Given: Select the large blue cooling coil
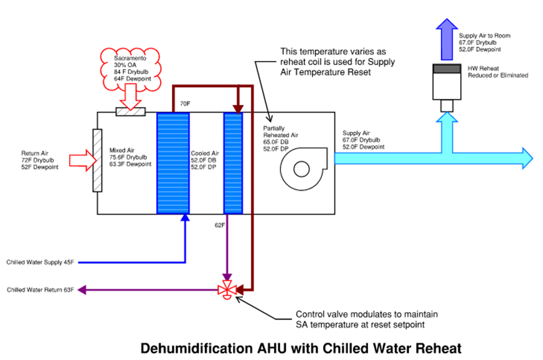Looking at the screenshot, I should pos(172,163).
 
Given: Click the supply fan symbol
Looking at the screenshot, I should pos(303,169).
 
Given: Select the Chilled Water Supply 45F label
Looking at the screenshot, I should pos(40,262).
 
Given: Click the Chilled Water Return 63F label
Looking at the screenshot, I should pos(40,290).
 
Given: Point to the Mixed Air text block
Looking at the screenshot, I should pos(130,157).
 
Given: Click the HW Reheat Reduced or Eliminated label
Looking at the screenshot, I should pos(498,72).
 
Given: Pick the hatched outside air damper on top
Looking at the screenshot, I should pos(131,111).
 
